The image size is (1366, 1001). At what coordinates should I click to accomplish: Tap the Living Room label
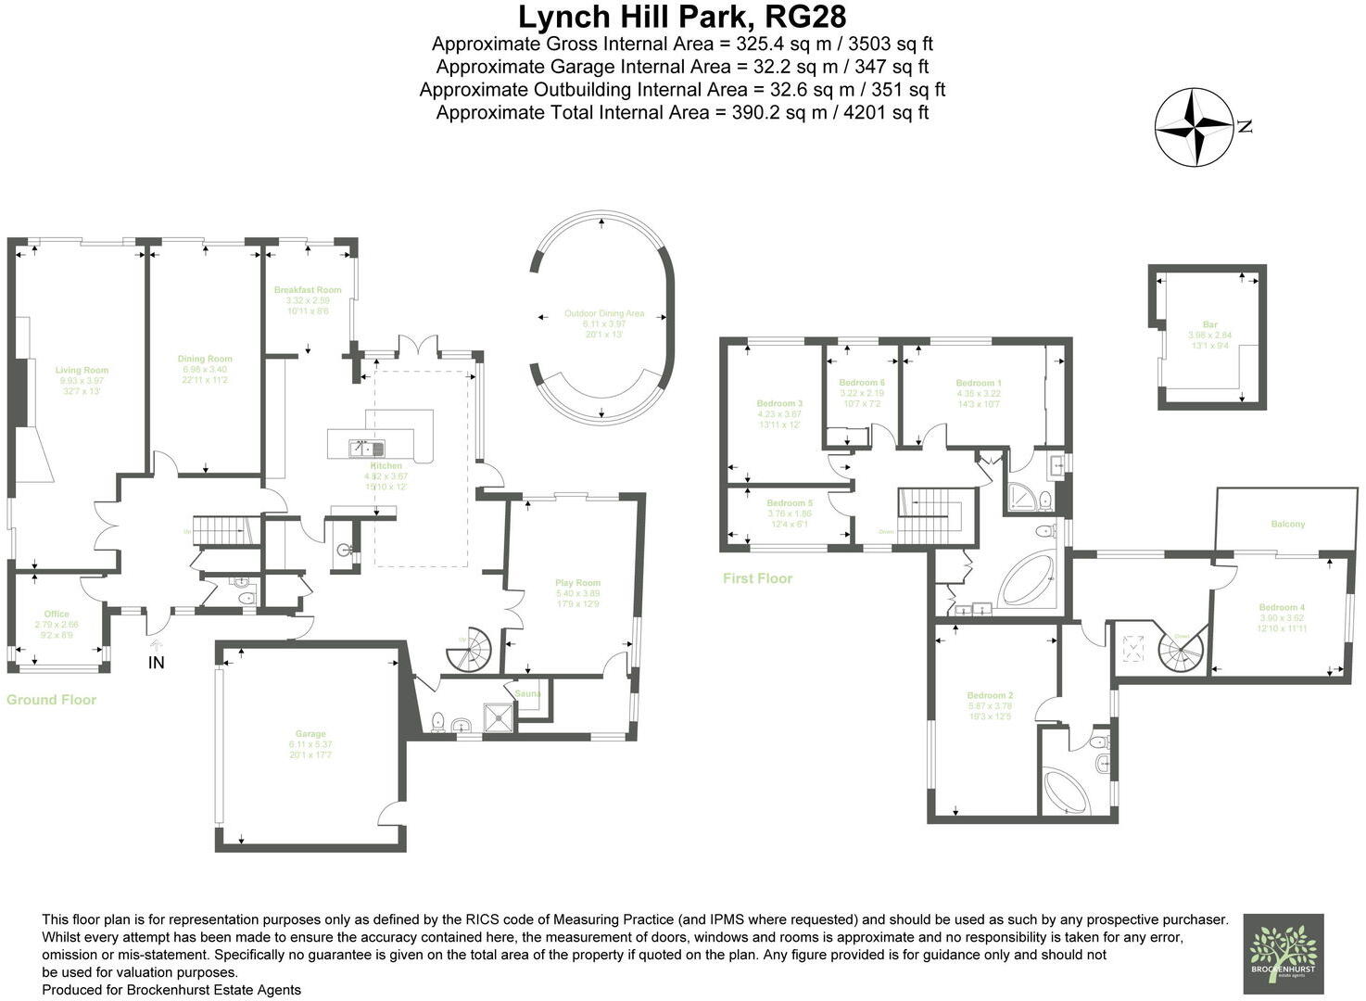82,371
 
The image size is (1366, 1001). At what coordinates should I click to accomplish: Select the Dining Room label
205,359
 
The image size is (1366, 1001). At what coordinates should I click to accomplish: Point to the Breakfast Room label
308,290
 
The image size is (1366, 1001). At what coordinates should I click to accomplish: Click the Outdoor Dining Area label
604,314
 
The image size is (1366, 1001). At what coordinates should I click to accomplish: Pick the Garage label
310,734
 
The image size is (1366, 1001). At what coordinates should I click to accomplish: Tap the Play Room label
577,583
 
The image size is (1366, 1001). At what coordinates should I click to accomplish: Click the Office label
57,615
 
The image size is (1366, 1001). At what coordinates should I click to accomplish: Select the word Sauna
528,693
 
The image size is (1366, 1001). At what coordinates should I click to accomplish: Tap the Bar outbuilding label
1209,325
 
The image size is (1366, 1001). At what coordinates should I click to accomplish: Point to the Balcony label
1287,525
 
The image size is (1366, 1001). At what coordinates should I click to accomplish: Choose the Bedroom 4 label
1282,608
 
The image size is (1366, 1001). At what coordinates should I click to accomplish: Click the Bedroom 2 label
990,695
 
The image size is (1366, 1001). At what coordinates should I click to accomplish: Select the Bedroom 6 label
862,383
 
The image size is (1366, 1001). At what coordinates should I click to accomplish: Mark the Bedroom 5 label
789,503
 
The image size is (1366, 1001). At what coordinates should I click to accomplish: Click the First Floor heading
757,578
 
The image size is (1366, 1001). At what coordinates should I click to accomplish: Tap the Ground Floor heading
51,700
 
